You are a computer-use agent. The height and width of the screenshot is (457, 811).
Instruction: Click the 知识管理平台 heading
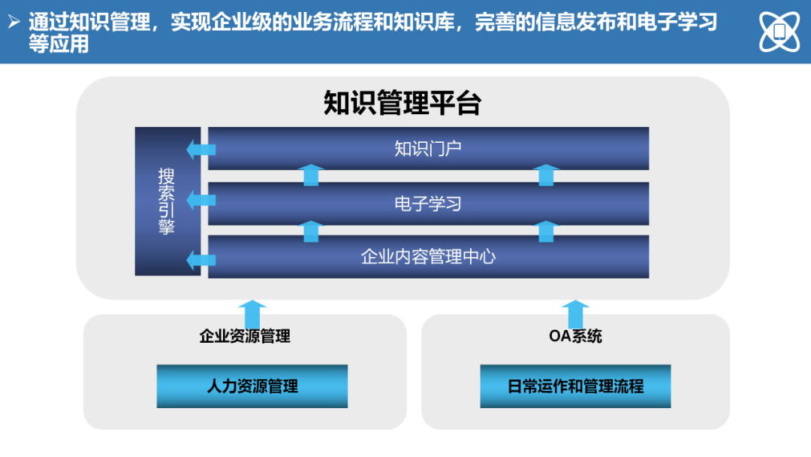click(x=402, y=102)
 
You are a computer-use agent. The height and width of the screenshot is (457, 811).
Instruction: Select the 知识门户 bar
click(x=428, y=149)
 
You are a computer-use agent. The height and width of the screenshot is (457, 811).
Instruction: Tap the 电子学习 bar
click(x=428, y=204)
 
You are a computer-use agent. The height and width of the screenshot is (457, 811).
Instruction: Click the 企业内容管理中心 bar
click(x=428, y=257)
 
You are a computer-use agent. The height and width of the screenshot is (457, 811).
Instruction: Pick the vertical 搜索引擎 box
click(x=167, y=201)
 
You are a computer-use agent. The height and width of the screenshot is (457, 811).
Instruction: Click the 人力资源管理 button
click(x=252, y=386)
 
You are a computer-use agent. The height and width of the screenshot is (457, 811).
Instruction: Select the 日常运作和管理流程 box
click(x=575, y=386)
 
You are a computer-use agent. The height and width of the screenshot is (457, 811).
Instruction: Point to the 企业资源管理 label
click(x=245, y=337)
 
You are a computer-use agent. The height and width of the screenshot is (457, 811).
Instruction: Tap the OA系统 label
click(x=575, y=337)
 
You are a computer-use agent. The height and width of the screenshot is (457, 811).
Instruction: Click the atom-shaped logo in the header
click(x=779, y=32)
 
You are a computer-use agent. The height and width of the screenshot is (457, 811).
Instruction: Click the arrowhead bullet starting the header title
click(x=14, y=22)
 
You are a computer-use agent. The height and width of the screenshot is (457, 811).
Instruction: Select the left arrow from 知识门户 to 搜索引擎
click(x=201, y=150)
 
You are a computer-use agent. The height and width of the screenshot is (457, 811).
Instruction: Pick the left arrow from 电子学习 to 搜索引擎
click(x=201, y=200)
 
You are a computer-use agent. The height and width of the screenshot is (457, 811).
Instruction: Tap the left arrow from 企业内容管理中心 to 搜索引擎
click(x=201, y=260)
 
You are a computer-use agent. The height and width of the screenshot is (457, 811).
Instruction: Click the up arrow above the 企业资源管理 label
click(x=252, y=314)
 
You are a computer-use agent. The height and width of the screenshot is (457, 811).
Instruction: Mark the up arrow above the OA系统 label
click(x=575, y=314)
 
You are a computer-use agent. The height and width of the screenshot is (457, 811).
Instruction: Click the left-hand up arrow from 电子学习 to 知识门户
click(x=311, y=175)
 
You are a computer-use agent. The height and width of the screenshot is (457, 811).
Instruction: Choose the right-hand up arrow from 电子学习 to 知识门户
click(x=546, y=175)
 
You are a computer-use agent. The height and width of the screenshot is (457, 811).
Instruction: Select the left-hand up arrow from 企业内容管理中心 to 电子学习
click(x=311, y=232)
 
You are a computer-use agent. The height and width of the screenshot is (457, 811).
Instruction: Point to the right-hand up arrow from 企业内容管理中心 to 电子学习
click(x=546, y=232)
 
